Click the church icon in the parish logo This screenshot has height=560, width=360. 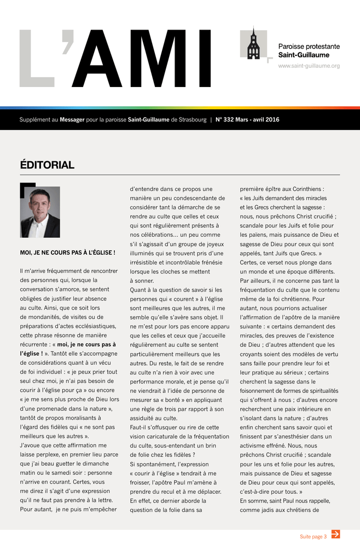pos(253,44)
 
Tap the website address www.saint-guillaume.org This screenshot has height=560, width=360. pos(309,66)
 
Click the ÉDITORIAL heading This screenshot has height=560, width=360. pos(47,165)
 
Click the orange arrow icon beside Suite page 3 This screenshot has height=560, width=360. pos(336,534)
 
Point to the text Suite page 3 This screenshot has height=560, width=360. pos(313,536)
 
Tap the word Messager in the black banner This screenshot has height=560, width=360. pos(72,120)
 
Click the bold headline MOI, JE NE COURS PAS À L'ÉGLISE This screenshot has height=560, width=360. pos(68,253)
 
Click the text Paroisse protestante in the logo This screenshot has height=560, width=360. pos(309,46)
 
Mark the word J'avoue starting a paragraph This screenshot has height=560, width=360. pos(31,445)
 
